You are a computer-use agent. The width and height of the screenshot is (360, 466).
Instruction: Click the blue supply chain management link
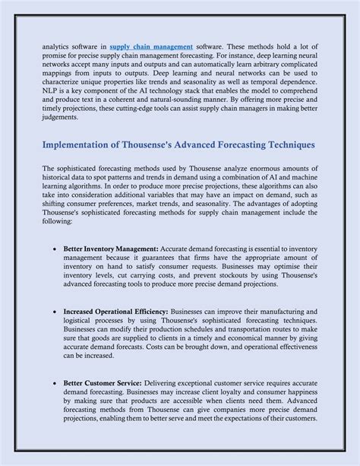coord(150,47)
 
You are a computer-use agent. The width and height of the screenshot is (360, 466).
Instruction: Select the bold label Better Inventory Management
coord(110,249)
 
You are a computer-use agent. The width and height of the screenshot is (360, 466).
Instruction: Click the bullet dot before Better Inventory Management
coord(55,249)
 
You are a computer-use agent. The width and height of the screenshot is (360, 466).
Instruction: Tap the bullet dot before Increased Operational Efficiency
coord(55,312)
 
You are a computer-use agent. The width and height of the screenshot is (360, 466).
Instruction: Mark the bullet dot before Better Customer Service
coord(55,384)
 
